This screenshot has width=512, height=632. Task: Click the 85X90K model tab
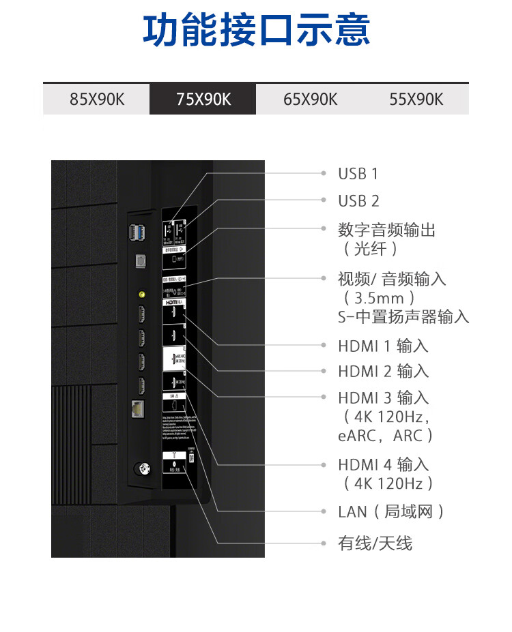pos(97,100)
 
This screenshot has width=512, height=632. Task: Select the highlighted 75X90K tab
pos(203,100)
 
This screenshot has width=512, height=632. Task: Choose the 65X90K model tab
pos(310,100)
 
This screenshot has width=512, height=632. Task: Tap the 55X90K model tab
pos(416,100)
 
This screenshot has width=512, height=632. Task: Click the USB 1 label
pos(358,174)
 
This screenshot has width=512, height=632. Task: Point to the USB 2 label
pos(358,201)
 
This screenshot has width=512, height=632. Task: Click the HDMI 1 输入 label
pos(383,346)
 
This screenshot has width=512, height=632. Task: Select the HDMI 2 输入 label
pos(383,372)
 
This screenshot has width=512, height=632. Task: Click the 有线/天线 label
pos(375,543)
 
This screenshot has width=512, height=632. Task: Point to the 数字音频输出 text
pos(386,230)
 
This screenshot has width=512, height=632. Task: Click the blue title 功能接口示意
pos(256,31)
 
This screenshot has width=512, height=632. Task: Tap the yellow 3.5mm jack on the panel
pos(141,295)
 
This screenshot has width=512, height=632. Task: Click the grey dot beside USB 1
pos(324,173)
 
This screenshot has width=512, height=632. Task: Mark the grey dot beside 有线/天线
pos(324,543)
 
